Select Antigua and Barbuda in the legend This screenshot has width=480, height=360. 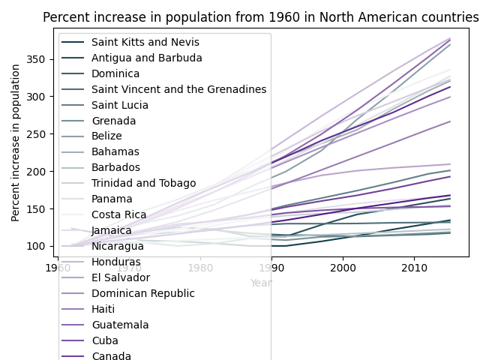[142, 58]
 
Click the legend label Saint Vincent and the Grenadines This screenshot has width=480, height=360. [174, 89]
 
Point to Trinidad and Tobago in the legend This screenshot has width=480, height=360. [139, 183]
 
